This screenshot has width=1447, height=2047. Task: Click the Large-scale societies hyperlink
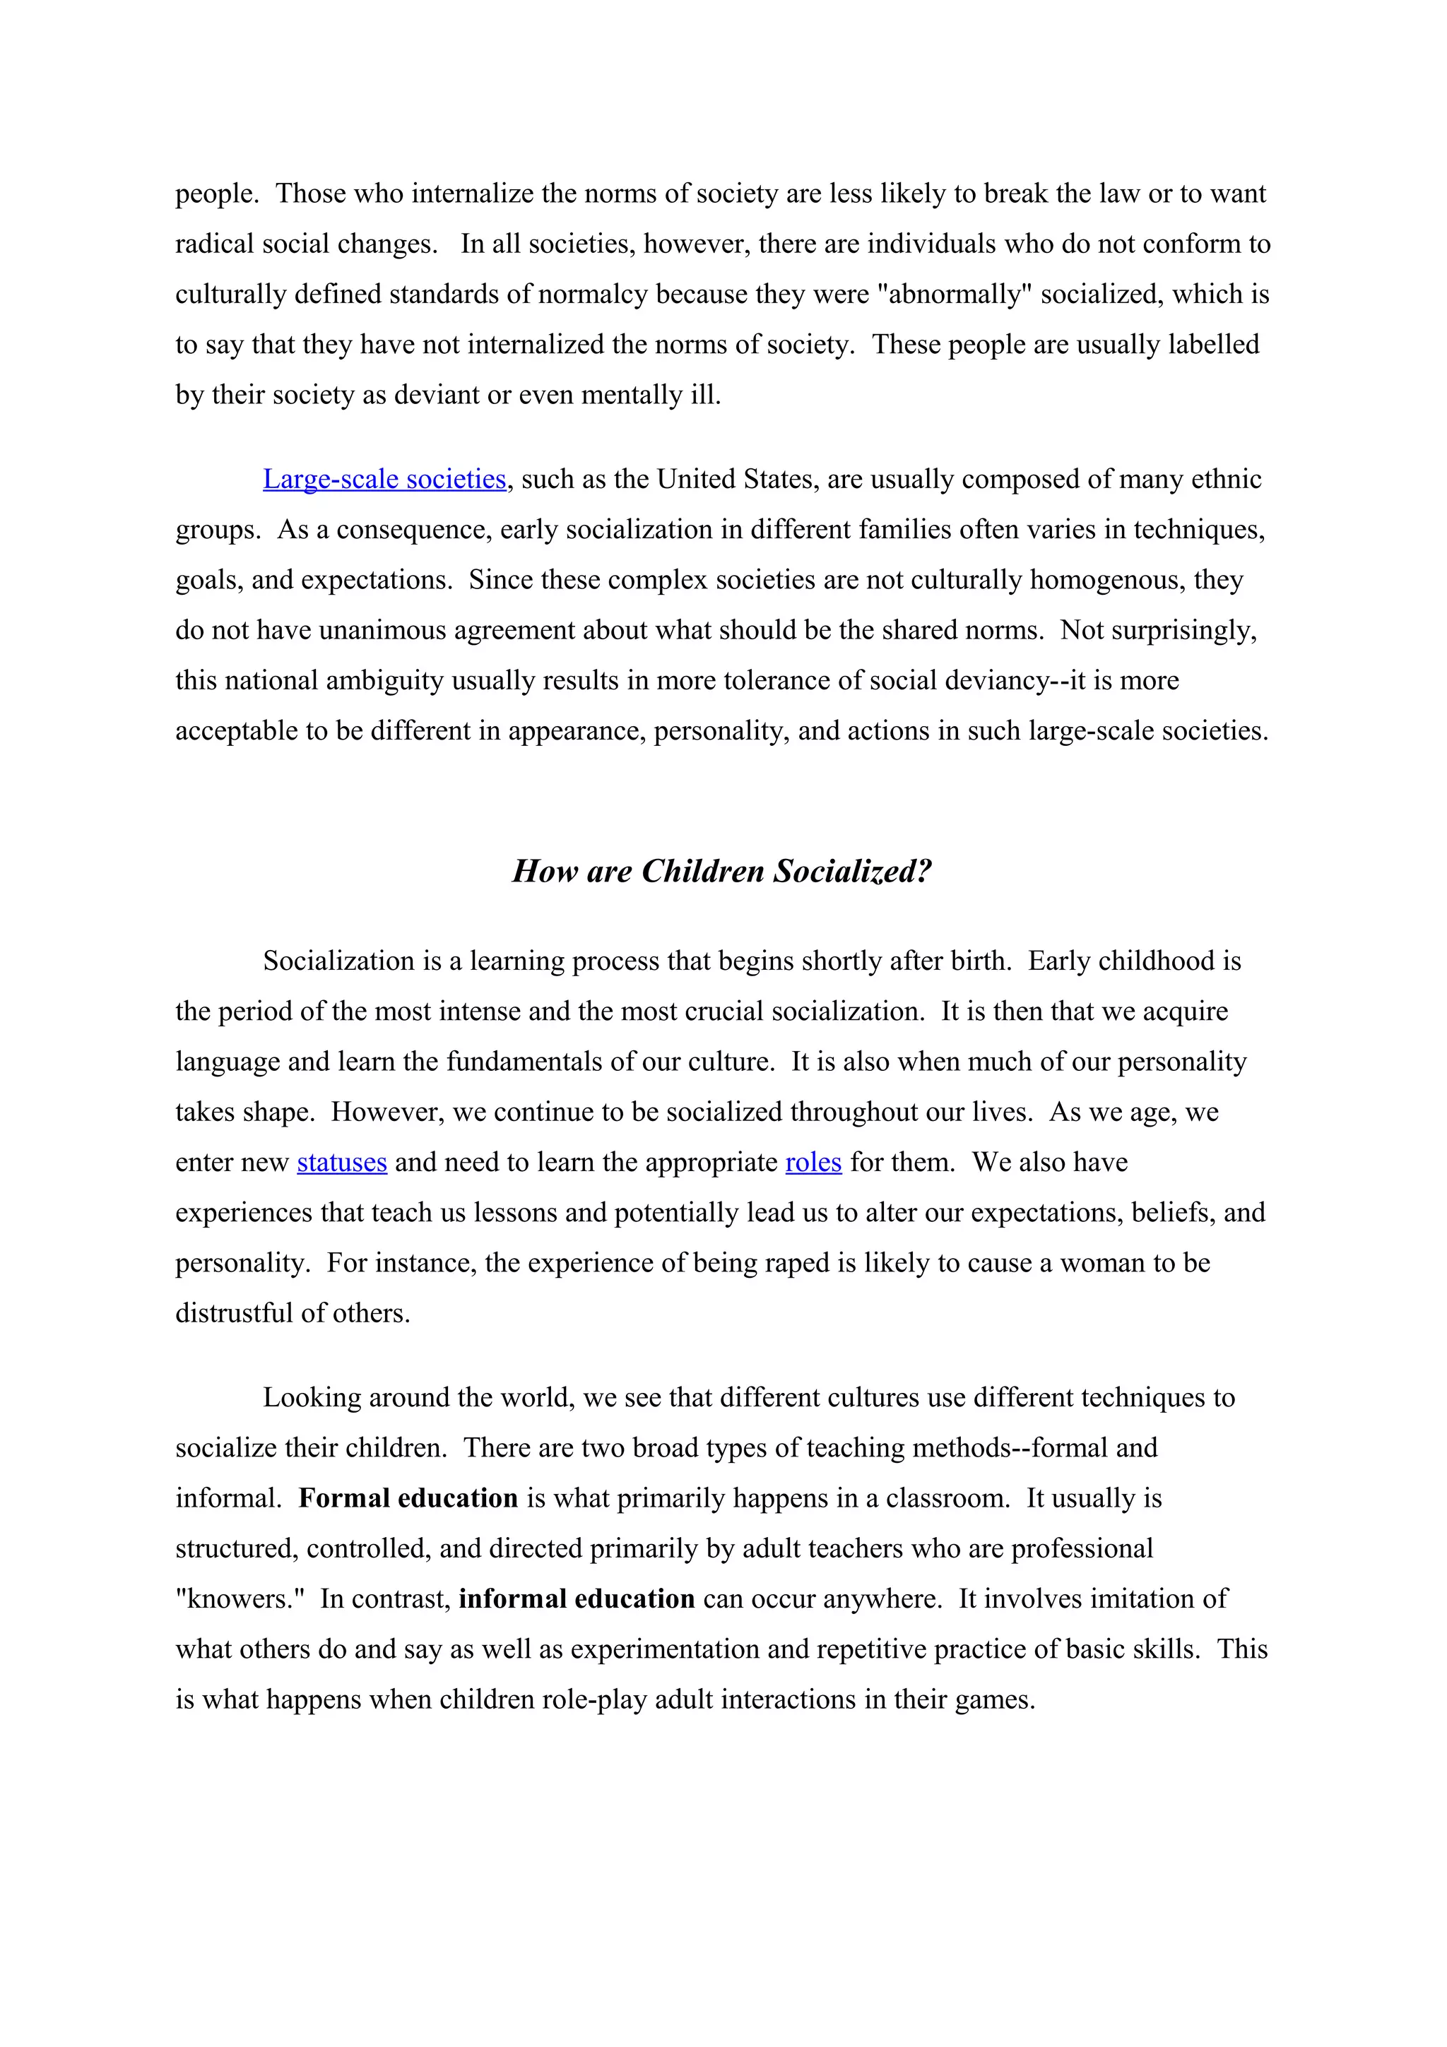384,480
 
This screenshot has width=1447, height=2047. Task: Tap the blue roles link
813,1163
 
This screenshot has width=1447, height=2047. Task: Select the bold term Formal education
408,1499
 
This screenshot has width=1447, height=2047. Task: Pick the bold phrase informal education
576,1599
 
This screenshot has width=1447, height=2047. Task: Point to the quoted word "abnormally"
954,295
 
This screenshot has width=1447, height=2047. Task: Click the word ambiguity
384,681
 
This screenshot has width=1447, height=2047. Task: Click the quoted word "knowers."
240,1599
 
